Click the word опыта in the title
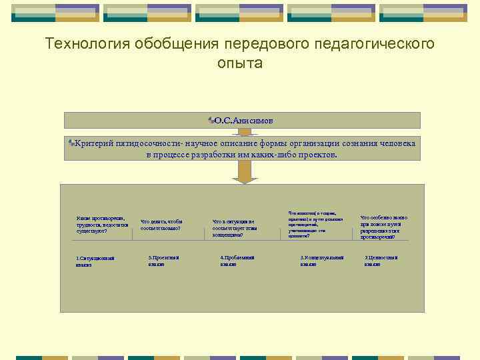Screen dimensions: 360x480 pos(239,65)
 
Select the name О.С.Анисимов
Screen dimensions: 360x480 pos(244,121)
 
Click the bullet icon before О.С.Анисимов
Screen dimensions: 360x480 pos(211,121)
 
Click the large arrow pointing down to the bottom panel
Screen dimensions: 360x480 pos(245,172)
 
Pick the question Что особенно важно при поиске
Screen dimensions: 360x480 pos(384,227)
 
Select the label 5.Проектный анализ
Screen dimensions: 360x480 pos(163,261)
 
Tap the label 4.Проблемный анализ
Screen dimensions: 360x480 pos(237,261)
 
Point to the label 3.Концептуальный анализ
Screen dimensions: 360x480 pos(321,261)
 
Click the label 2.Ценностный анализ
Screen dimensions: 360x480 pos(381,261)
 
